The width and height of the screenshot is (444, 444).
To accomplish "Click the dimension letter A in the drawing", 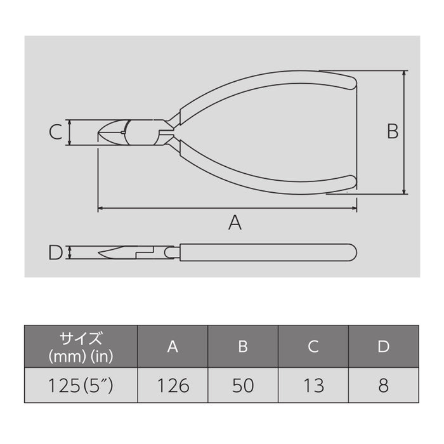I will pyautogui.click(x=235, y=223).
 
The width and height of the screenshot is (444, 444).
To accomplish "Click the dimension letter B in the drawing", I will pyautogui.click(x=393, y=131).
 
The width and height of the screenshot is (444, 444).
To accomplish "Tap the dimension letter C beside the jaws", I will pyautogui.click(x=56, y=132).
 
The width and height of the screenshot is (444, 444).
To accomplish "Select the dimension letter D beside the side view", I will pyautogui.click(x=56, y=252).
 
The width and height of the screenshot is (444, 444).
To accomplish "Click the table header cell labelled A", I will pyautogui.click(x=173, y=346).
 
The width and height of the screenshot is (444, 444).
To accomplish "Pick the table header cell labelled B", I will pyautogui.click(x=242, y=346).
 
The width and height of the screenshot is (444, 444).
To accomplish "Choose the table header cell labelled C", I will pyautogui.click(x=313, y=346).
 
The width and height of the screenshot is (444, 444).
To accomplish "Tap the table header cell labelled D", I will pyautogui.click(x=382, y=346).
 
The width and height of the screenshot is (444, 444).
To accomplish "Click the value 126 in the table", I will pyautogui.click(x=173, y=385).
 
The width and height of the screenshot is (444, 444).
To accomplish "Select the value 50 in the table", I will pyautogui.click(x=242, y=385).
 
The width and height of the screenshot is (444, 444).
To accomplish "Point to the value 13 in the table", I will pyautogui.click(x=313, y=385).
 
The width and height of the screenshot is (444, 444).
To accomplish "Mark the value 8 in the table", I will pyautogui.click(x=382, y=385).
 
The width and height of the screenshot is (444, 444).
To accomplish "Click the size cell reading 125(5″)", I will pyautogui.click(x=81, y=385).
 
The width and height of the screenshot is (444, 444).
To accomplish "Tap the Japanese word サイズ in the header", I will pyautogui.click(x=81, y=337).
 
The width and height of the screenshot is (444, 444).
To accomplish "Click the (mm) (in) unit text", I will pyautogui.click(x=81, y=356).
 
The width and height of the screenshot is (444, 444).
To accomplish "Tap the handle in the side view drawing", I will pyautogui.click(x=266, y=252).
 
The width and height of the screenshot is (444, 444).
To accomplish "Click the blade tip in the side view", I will pyautogui.click(x=101, y=255).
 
